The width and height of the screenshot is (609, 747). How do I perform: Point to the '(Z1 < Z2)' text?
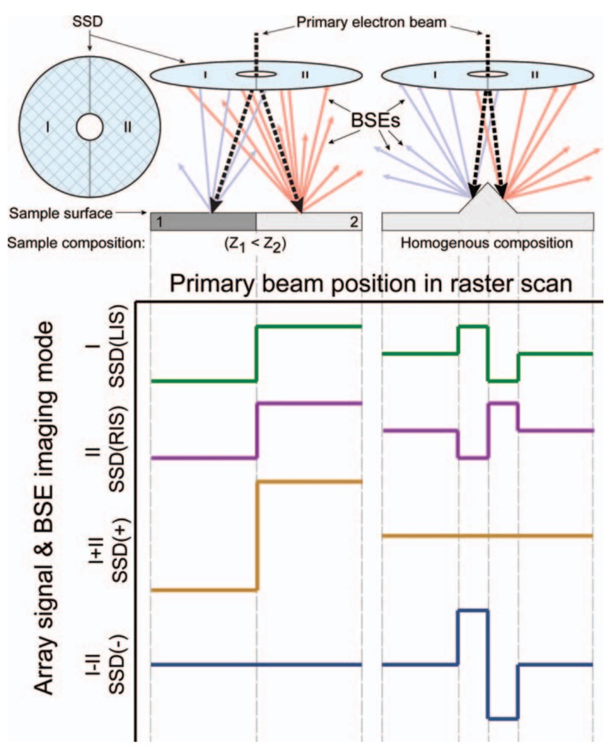coord(256,245)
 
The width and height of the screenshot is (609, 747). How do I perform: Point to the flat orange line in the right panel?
coord(488,536)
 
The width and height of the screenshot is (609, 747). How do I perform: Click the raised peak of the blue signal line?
coord(472,610)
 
